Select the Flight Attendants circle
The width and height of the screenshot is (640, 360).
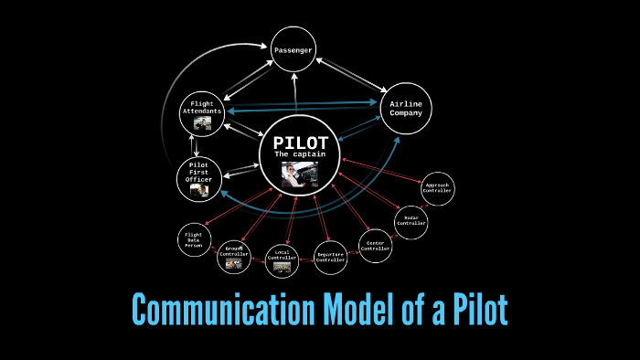click(x=202, y=112)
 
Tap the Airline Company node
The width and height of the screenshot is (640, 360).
click(x=406, y=110)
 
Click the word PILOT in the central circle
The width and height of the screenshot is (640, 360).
click(x=300, y=144)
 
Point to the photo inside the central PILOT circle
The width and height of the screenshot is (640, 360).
click(x=299, y=173)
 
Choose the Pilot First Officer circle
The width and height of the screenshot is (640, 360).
click(x=201, y=176)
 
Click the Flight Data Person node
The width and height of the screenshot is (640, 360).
click(x=193, y=239)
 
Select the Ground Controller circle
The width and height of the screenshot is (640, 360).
click(x=234, y=256)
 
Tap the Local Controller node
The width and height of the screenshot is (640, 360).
click(x=282, y=261)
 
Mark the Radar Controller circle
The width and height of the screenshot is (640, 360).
click(x=411, y=220)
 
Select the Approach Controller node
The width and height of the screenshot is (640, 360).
click(x=436, y=188)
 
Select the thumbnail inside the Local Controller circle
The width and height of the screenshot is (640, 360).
click(x=282, y=268)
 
